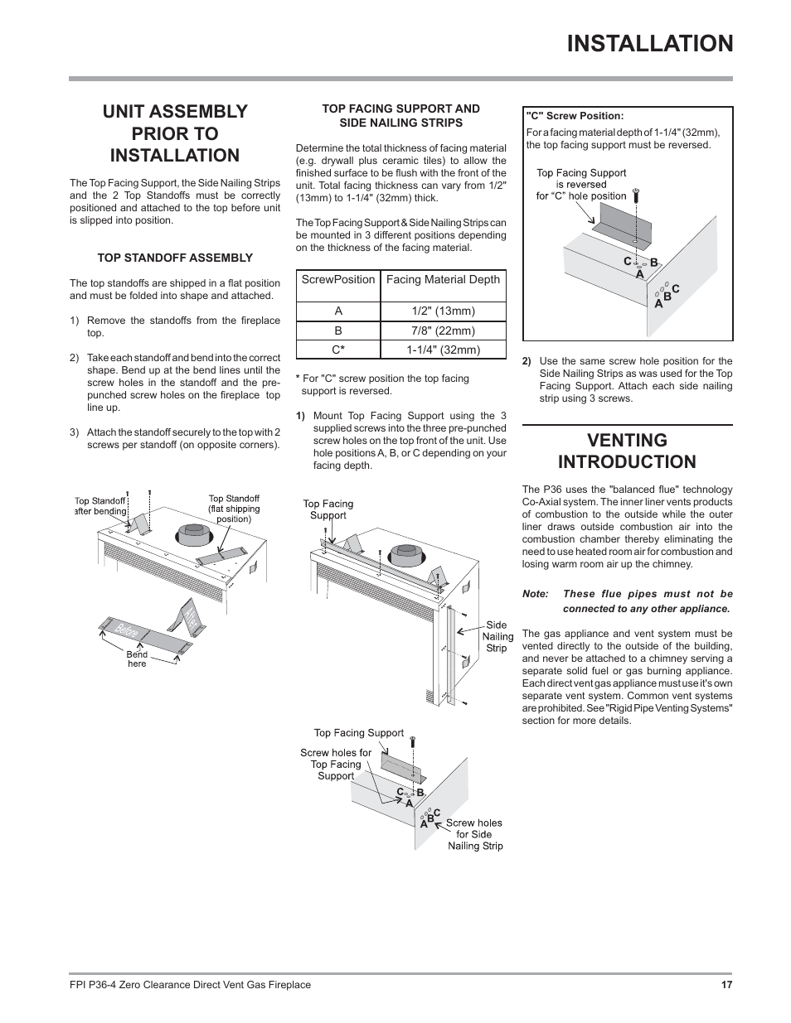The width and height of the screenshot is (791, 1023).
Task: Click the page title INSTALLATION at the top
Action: coord(651,43)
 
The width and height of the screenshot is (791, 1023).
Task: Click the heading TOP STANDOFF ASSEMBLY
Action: coord(175,258)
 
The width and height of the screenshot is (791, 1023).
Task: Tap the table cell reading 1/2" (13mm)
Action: coord(443,311)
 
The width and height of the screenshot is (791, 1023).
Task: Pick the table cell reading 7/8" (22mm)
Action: coord(443,331)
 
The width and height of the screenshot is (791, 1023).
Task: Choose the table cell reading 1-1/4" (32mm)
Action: coord(443,350)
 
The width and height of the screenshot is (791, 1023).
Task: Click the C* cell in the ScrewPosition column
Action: coord(338,350)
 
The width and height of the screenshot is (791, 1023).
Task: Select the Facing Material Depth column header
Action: coord(443,280)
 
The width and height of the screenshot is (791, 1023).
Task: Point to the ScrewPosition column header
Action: coord(338,280)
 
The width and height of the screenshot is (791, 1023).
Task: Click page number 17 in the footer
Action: coord(726,985)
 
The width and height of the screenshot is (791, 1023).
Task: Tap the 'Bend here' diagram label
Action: coord(137,659)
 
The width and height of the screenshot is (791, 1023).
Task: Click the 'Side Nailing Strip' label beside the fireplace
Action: coord(497,636)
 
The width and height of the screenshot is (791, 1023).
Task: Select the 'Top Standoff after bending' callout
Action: coord(100,505)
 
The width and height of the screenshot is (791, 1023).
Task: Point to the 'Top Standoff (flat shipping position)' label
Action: coord(234,509)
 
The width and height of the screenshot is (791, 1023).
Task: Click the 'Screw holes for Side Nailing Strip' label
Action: coord(474,834)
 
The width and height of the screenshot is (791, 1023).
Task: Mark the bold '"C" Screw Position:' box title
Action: coord(575,116)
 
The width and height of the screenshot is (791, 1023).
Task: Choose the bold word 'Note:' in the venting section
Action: coord(536,594)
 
